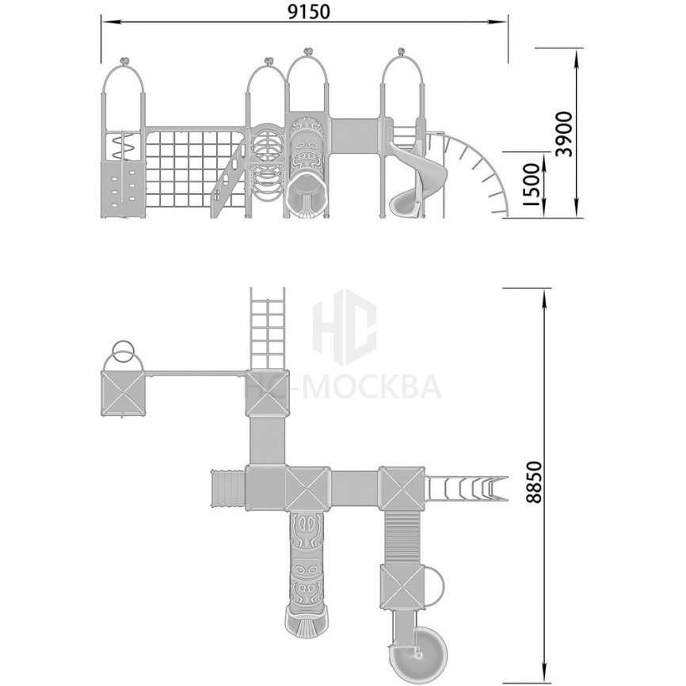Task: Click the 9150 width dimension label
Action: point(309,12)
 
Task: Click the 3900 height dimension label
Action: point(563,135)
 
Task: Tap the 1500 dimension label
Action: point(532,185)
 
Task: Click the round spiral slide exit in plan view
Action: point(417,646)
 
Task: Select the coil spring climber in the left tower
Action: point(123,146)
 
